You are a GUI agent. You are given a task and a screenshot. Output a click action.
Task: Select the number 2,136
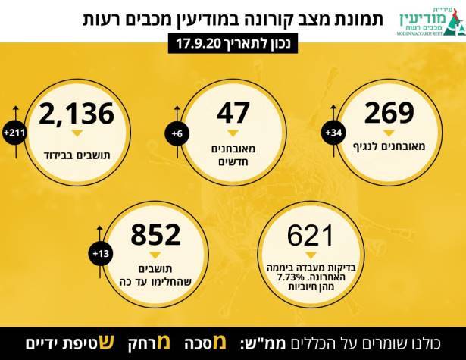click(x=77, y=114)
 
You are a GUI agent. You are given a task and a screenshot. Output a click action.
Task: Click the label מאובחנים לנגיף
click(x=389, y=145)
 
